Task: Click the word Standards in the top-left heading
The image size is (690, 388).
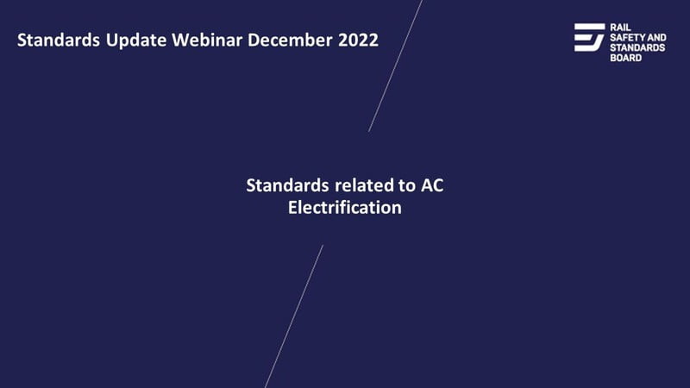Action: pyautogui.click(x=59, y=40)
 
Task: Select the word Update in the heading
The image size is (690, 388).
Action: pyautogui.click(x=136, y=41)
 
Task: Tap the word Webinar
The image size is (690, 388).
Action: pyautogui.click(x=207, y=40)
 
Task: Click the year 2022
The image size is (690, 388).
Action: pyautogui.click(x=358, y=40)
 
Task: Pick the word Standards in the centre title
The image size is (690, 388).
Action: pyautogui.click(x=287, y=185)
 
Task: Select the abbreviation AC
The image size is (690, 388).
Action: pyautogui.click(x=432, y=185)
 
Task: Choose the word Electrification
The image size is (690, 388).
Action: pyautogui.click(x=344, y=208)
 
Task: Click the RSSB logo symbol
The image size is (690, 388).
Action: pyautogui.click(x=589, y=37)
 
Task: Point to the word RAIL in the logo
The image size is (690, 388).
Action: pyautogui.click(x=620, y=28)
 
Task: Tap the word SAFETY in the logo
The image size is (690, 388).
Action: pyautogui.click(x=627, y=37)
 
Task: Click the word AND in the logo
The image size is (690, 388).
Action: pyautogui.click(x=656, y=37)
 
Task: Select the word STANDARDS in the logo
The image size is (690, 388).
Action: pyautogui.click(x=637, y=47)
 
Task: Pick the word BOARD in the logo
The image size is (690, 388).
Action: pyautogui.click(x=626, y=58)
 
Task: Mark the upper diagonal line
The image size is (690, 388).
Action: pyautogui.click(x=395, y=66)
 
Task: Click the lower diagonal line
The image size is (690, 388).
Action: pyautogui.click(x=294, y=316)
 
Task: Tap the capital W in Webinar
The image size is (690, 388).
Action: pyautogui.click(x=179, y=40)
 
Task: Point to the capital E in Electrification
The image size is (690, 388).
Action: pyautogui.click(x=292, y=208)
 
